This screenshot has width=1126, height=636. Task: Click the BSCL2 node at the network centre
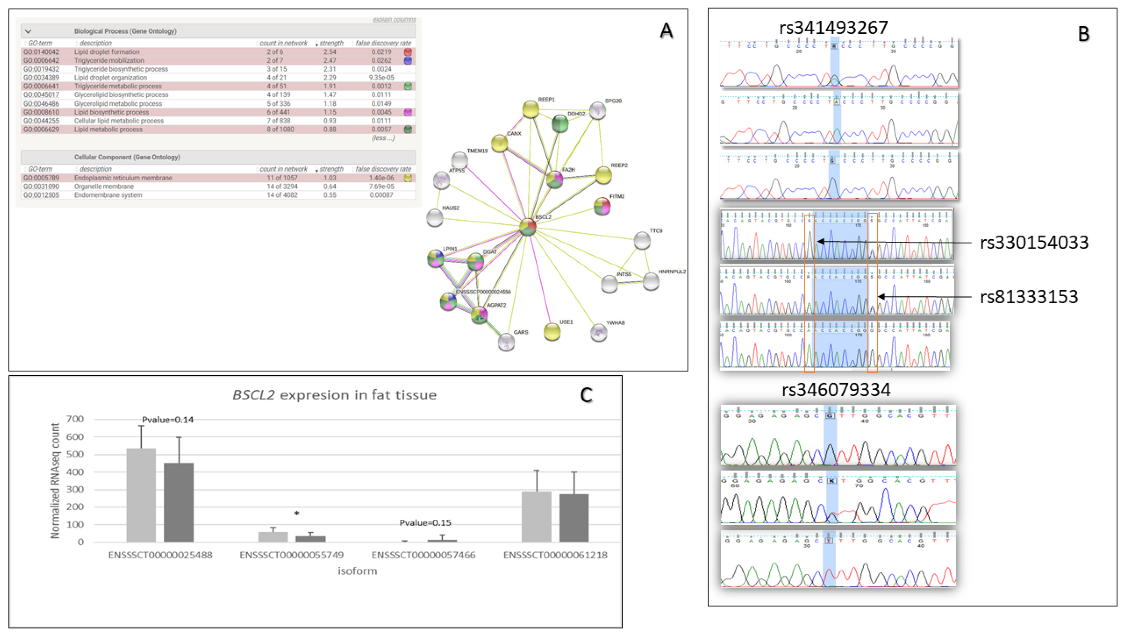528,226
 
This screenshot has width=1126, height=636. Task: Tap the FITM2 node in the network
602,206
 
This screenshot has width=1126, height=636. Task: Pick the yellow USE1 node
552,332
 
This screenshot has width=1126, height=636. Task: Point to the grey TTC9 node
642,240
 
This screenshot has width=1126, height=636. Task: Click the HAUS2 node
434,217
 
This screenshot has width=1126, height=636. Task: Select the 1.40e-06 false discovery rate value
381,178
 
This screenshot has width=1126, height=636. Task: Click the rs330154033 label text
1034,242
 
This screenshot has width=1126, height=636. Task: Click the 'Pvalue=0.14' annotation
168,420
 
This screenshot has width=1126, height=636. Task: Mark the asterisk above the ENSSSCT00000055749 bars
297,513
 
